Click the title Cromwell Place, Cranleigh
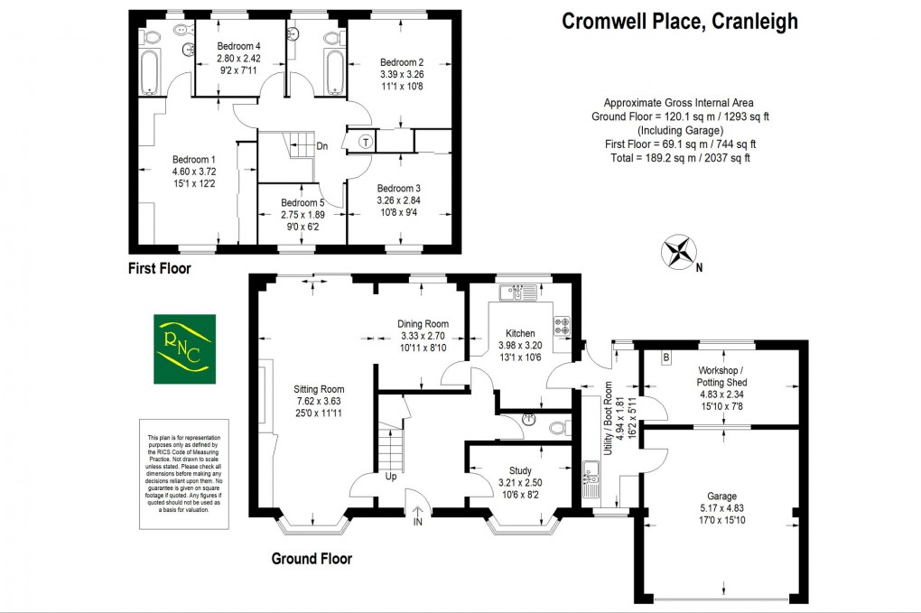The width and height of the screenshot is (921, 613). click(x=680, y=22)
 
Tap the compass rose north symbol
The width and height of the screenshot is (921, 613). click(x=679, y=251)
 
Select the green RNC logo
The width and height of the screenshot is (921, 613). click(x=184, y=348)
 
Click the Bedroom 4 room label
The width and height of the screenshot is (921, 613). click(x=238, y=47)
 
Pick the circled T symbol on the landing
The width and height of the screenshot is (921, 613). click(x=366, y=141)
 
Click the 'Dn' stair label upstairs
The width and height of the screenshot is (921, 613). click(x=322, y=145)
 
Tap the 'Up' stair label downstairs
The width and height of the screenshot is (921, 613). click(x=390, y=476)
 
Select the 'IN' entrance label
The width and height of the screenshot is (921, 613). click(x=418, y=522)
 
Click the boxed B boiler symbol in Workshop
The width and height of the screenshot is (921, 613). click(x=666, y=358)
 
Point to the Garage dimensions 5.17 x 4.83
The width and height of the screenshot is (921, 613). click(x=721, y=508)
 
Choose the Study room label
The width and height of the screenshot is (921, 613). click(x=520, y=471)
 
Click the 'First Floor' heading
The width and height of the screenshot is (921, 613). click(x=161, y=268)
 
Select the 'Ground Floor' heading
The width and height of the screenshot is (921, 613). click(x=312, y=559)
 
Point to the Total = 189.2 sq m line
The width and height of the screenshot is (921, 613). click(x=678, y=158)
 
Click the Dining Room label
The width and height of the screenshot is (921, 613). click(x=423, y=324)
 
